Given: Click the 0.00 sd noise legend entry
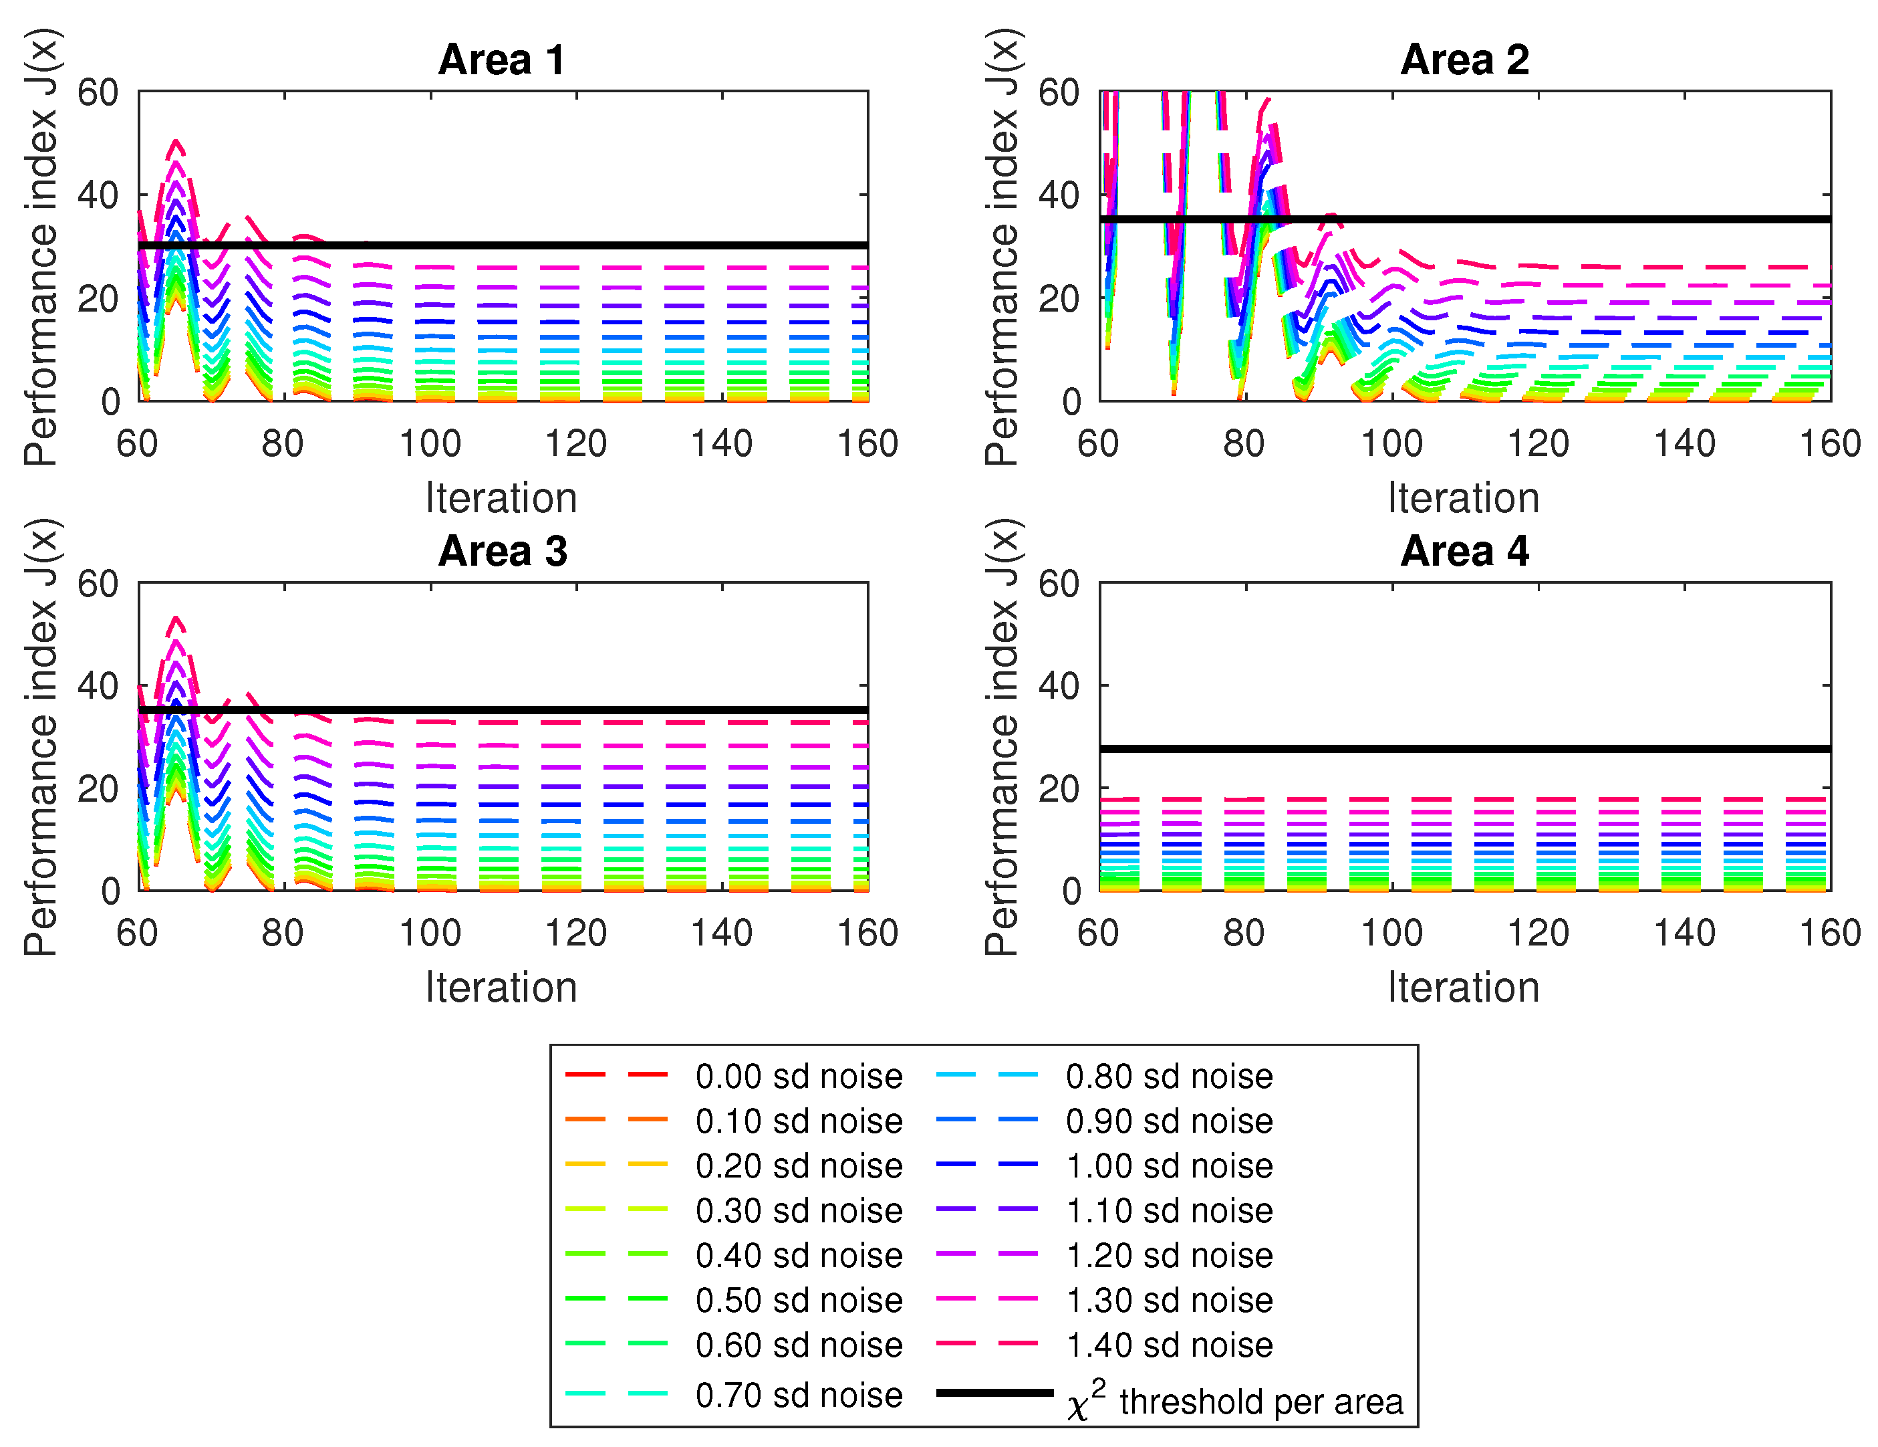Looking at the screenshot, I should pyautogui.click(x=798, y=1076).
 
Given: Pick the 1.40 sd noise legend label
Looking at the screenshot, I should pyautogui.click(x=1169, y=1345).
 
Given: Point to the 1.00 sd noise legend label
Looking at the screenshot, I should pyautogui.click(x=1169, y=1165).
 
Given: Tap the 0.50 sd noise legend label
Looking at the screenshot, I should pyautogui.click(x=798, y=1300).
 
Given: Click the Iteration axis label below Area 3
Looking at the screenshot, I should pyautogui.click(x=501, y=988).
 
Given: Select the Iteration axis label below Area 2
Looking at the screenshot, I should pyautogui.click(x=1464, y=498).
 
